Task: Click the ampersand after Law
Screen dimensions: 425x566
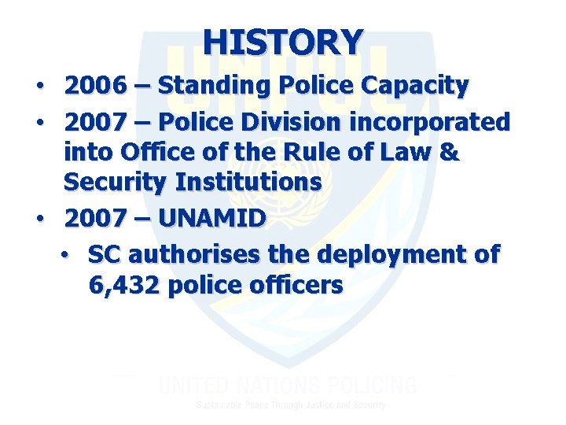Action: pos(449,152)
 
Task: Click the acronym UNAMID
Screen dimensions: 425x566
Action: pos(211,218)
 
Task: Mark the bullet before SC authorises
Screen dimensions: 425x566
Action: pos(68,255)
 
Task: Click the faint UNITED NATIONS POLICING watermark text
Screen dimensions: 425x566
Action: pos(288,386)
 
